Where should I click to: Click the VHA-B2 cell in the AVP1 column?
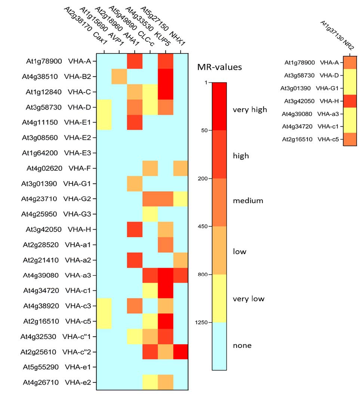(x=119, y=77)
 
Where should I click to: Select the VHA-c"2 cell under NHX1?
(x=181, y=352)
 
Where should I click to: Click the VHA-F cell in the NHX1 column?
(x=181, y=168)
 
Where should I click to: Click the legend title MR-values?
(x=219, y=67)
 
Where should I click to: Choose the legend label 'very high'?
(x=250, y=110)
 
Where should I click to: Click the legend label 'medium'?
(x=248, y=201)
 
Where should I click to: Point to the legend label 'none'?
(x=242, y=345)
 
